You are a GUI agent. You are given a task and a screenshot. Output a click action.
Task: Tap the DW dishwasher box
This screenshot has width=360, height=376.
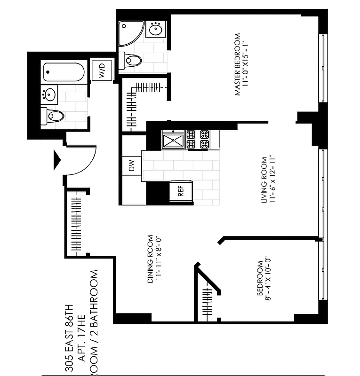(x=131, y=165)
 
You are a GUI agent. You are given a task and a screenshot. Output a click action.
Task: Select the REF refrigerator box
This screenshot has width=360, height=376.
(x=180, y=192)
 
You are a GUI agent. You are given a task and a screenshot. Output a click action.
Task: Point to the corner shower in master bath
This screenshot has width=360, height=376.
(x=128, y=33)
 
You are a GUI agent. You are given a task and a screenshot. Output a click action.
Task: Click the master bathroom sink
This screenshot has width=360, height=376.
(x=156, y=30)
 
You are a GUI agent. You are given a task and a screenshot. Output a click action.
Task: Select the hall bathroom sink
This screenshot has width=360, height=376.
(x=49, y=94)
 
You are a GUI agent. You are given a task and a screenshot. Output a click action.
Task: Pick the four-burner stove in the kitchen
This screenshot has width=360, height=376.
(x=198, y=140)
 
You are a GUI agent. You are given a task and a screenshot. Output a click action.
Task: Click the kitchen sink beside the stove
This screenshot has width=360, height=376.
(x=173, y=140)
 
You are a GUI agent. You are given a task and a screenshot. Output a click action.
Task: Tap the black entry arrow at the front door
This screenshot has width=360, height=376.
(x=56, y=160)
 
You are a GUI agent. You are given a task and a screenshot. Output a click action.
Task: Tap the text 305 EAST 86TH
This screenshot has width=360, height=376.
(x=70, y=338)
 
